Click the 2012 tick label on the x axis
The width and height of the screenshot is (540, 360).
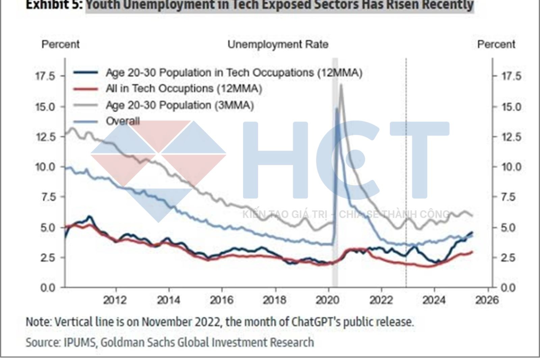(x=115, y=300)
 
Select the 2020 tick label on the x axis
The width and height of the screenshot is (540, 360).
(x=328, y=300)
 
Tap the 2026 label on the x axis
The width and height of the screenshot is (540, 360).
(x=487, y=300)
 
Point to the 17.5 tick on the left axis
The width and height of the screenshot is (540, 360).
(x=45, y=76)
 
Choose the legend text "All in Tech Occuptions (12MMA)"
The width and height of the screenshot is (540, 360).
(x=184, y=89)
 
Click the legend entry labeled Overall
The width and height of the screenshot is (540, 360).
(x=123, y=121)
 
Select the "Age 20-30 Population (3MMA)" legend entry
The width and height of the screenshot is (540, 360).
(x=180, y=105)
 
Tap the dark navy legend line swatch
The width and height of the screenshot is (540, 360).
(x=86, y=73)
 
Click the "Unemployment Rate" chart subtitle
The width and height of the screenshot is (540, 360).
(x=278, y=45)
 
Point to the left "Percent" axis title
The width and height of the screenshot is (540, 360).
(x=60, y=44)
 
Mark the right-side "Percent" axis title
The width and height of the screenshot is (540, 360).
(x=496, y=44)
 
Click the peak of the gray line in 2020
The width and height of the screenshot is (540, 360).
(x=341, y=85)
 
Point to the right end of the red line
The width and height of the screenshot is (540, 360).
(x=472, y=252)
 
